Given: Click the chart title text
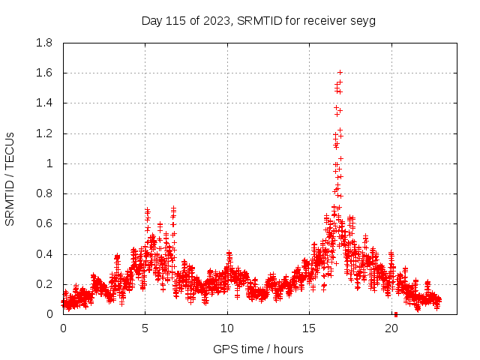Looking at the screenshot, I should pos(258,20).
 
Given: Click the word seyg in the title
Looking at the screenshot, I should pos(363,20).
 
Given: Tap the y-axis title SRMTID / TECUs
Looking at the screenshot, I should pos(10,178).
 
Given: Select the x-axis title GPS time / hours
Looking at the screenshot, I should pos(258,349).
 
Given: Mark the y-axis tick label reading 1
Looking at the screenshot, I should pos(49,163).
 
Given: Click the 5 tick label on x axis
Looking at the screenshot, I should pos(145,328).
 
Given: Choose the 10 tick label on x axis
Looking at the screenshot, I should pos(227,328).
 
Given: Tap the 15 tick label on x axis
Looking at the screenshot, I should pos(310,328).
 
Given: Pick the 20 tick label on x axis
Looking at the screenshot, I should pos(391,328).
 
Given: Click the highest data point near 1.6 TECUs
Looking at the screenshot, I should pos(340,73).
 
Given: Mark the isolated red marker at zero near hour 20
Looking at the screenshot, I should pos(395,313).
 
